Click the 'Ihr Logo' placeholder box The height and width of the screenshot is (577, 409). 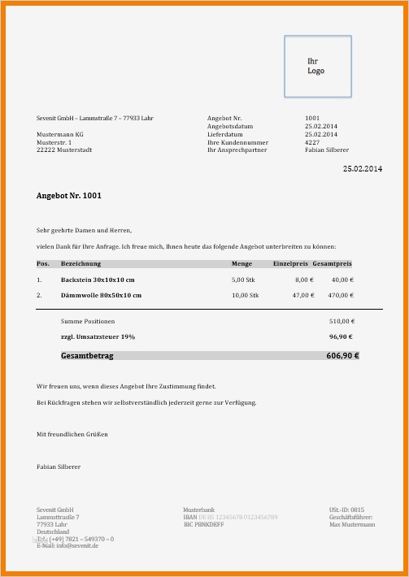pos(317,66)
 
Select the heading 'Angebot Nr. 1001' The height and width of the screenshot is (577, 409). pos(69,196)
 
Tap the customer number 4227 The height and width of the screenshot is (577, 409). pos(312,142)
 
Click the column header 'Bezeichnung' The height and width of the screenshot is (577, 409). pos(80,264)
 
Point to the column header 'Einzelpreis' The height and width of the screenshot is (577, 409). pos(291,264)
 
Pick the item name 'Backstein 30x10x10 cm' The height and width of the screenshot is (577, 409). pos(98,280)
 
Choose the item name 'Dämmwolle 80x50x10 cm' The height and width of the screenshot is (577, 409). pos(101,295)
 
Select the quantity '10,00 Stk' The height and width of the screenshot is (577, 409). pos(245,295)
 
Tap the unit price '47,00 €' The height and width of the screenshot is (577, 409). pos(302,295)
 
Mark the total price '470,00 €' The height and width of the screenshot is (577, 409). pos(340,295)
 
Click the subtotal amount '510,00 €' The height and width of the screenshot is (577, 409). pos(342,321)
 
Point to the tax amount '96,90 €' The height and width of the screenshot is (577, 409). pos(342,336)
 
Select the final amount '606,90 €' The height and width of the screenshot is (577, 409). pos(342,355)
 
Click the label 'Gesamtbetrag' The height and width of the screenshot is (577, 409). pos(88,355)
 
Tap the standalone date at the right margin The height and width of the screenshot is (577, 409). pos(362,168)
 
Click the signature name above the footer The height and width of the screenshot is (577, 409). pos(59,466)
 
